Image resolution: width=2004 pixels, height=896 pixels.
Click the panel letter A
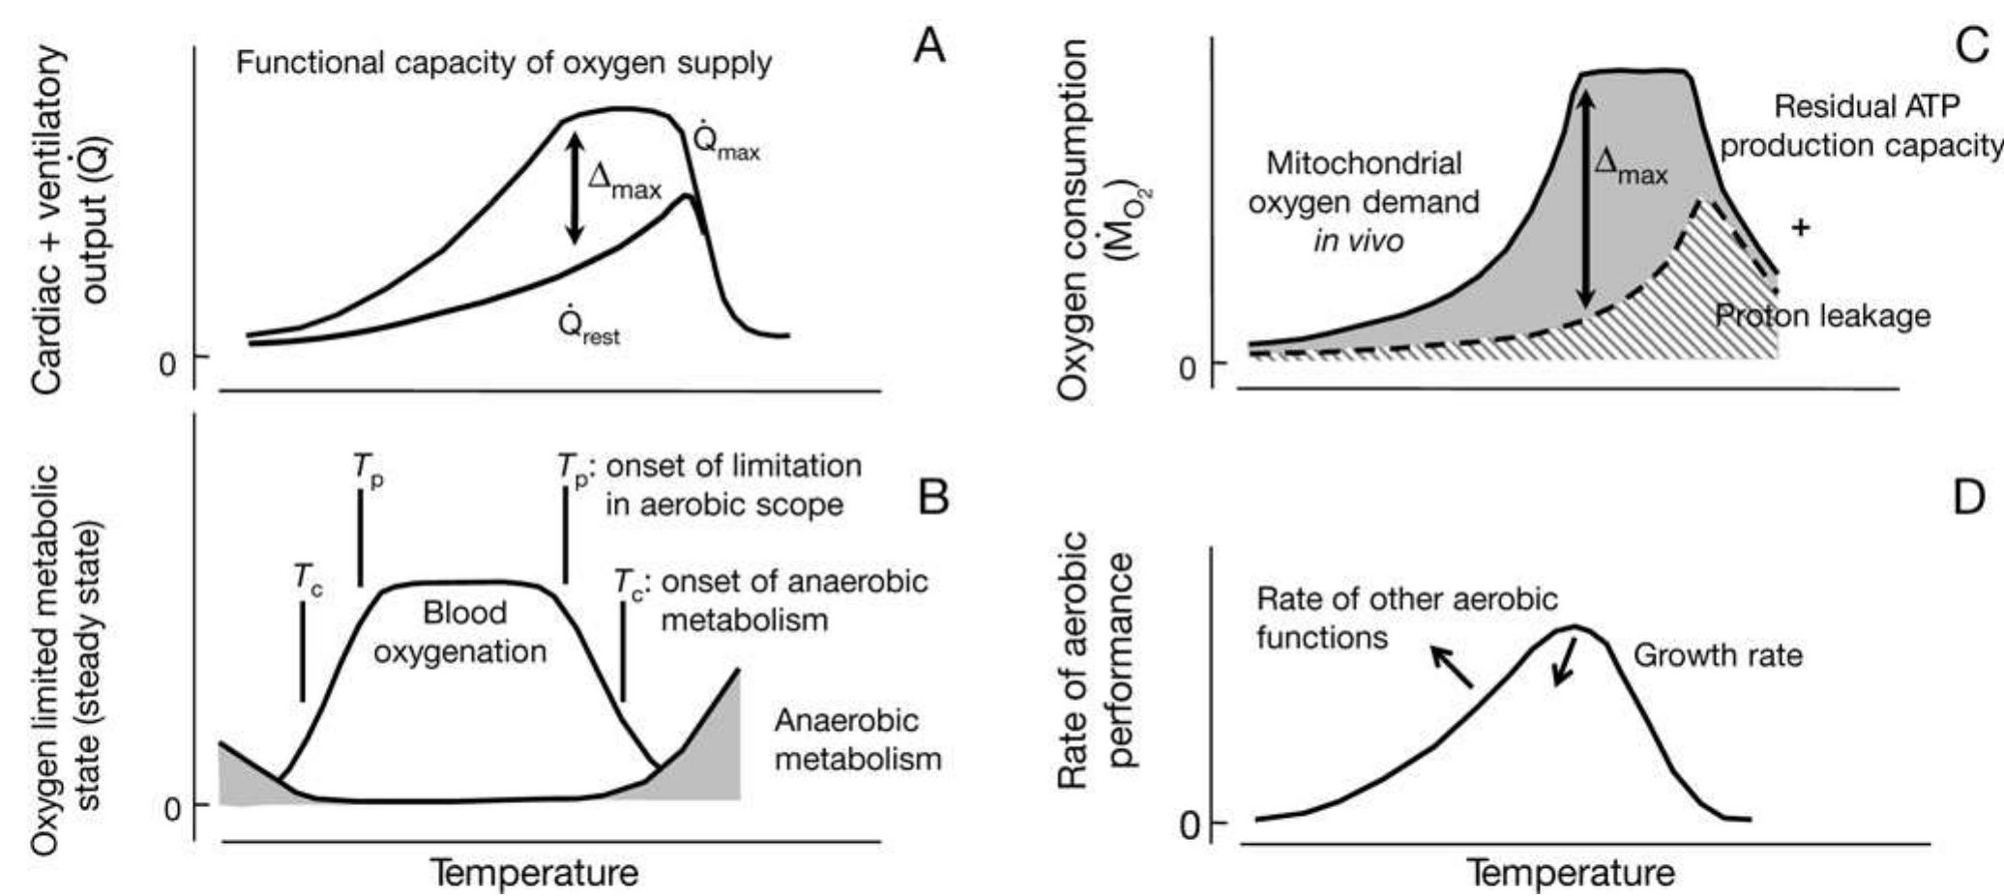click(x=928, y=45)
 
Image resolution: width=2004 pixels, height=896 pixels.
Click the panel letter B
click(x=932, y=498)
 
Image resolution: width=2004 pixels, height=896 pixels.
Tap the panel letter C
click(x=1971, y=45)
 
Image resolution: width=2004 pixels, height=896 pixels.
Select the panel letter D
click(x=1969, y=498)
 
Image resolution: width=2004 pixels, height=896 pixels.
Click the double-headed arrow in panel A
click(x=575, y=187)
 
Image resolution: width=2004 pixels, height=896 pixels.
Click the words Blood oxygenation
click(x=461, y=632)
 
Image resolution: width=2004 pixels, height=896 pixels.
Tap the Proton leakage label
click(x=1822, y=316)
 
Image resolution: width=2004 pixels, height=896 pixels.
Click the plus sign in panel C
click(x=1800, y=228)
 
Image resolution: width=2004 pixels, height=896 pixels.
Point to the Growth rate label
click(x=1718, y=656)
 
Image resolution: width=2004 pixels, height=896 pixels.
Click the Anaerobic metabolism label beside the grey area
click(x=857, y=739)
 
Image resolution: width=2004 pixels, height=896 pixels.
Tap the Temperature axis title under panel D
click(x=1571, y=873)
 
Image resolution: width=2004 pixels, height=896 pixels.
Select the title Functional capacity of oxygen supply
click(x=504, y=64)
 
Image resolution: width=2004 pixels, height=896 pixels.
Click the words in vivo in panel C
click(x=1357, y=240)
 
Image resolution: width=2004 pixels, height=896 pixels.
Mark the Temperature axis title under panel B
click(x=534, y=873)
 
